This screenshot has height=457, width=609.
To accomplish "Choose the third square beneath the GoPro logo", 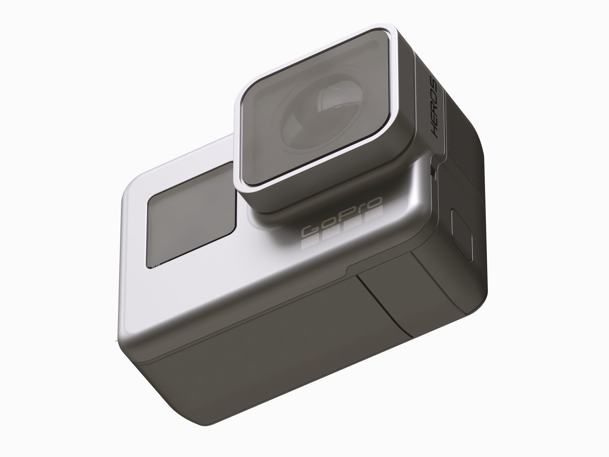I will pos(353,227).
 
